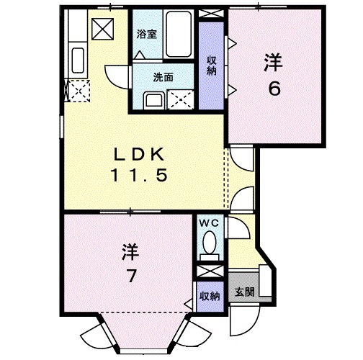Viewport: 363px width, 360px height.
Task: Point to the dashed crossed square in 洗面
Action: click(179, 99)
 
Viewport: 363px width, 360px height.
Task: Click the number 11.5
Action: click(142, 174)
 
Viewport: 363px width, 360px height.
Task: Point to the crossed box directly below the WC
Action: click(210, 271)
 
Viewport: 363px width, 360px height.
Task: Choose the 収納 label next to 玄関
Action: click(210, 296)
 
